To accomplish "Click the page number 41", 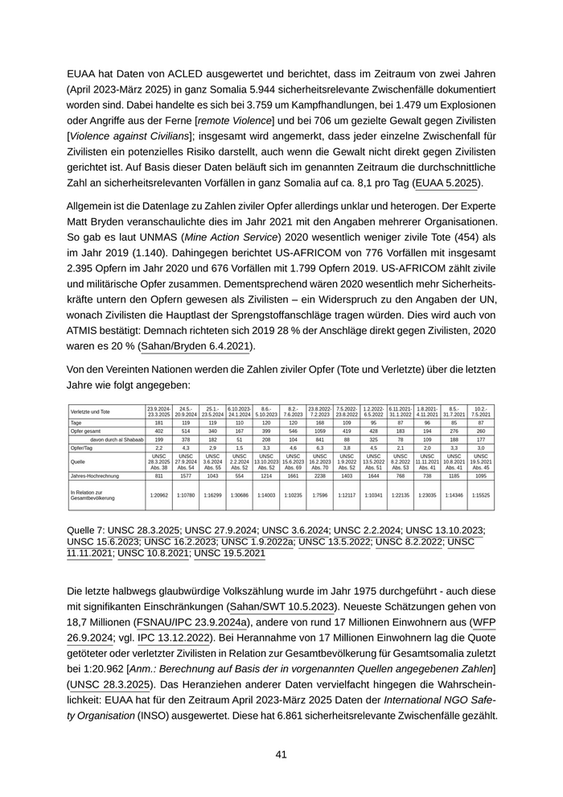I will pyautogui.click(x=281, y=754).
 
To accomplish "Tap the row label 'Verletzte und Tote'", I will pyautogui.click(x=90, y=411).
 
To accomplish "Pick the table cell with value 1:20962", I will pyautogui.click(x=159, y=495).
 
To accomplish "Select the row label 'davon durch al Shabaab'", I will pyautogui.click(x=116, y=440).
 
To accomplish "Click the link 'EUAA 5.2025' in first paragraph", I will pyautogui.click(x=447, y=183).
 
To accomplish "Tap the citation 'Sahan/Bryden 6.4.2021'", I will pyautogui.click(x=196, y=346).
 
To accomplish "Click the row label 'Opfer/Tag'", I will pyautogui.click(x=81, y=448).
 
